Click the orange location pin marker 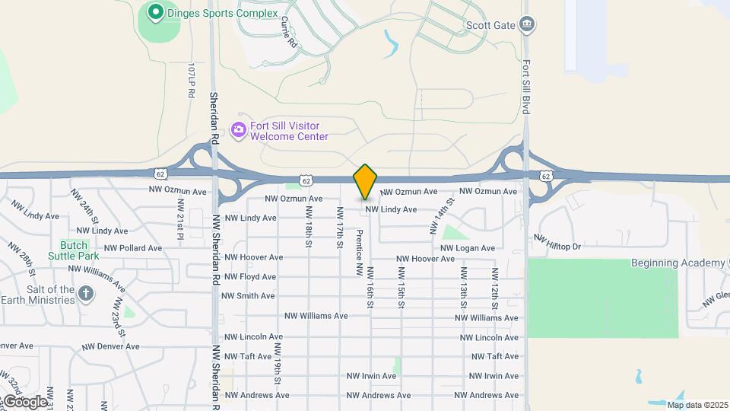click(x=366, y=182)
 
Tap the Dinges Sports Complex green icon click(x=156, y=12)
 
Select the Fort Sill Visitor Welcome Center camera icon click(x=239, y=130)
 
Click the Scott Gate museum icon click(x=526, y=25)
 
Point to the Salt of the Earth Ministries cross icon click(x=86, y=293)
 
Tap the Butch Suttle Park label click(x=74, y=250)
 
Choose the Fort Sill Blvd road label click(x=525, y=87)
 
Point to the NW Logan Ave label click(x=468, y=248)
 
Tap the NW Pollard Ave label click(x=133, y=248)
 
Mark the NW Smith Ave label click(x=249, y=296)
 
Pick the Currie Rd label click(x=288, y=33)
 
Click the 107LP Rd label click(x=191, y=80)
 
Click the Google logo click(x=24, y=401)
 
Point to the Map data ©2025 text click(x=696, y=405)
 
